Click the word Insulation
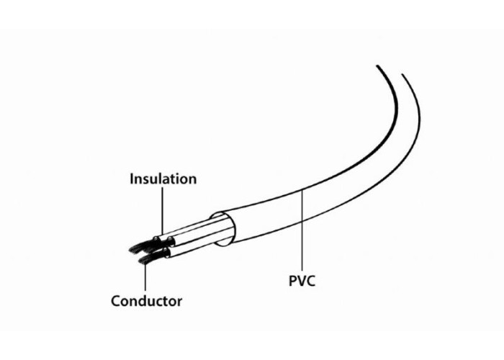[x=163, y=179]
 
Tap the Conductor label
[x=147, y=301]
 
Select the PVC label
[x=302, y=281]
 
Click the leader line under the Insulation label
[x=162, y=211]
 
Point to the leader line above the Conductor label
[x=145, y=276]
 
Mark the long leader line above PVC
[x=302, y=230]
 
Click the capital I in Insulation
[x=132, y=179]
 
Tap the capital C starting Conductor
[x=116, y=301]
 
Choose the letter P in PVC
[x=293, y=281]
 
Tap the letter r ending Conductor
[x=179, y=303]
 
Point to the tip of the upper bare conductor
[x=129, y=250]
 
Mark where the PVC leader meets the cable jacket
[x=302, y=190]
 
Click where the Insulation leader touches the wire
[x=162, y=235]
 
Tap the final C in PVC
[x=311, y=281]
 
